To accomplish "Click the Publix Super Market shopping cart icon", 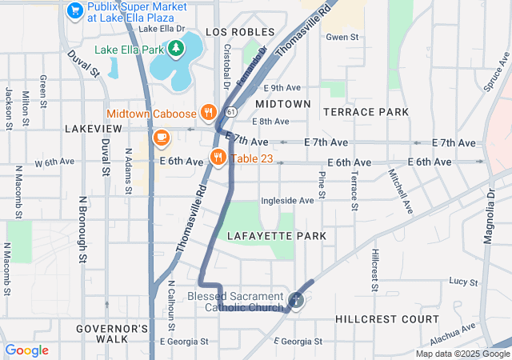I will tap(75, 10).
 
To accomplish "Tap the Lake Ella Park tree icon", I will tap(175, 50).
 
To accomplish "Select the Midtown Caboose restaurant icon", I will tap(208, 112).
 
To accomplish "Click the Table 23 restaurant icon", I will tap(217, 158).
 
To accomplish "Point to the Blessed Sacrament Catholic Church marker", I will tap(296, 300).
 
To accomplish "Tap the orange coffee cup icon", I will tap(161, 138).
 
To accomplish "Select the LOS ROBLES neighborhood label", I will tap(234, 32).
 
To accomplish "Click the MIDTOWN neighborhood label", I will tap(283, 104).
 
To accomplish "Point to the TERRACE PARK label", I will tap(366, 112).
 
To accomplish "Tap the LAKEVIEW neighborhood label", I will tap(93, 128).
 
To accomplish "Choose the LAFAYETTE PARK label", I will tap(277, 236).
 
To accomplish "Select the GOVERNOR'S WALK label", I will tap(112, 334).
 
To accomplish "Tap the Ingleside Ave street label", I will tap(287, 200).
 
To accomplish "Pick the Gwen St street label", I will tap(340, 38).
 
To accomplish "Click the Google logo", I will tap(26, 350).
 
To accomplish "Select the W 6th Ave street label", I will tap(54, 162).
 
